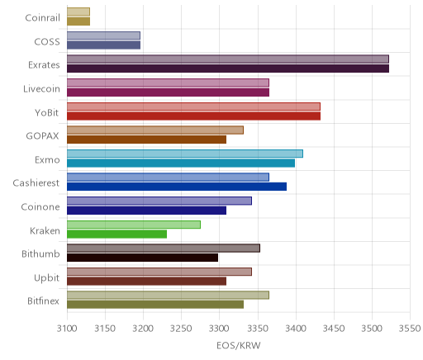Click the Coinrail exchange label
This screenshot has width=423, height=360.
coord(42,18)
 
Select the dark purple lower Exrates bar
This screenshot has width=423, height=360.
coord(228,69)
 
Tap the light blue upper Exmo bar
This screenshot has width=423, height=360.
coord(185,154)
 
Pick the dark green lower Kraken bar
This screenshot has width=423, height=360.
coord(116,234)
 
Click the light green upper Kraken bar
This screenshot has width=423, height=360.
coord(134,225)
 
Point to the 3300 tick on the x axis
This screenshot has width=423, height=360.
coord(220,329)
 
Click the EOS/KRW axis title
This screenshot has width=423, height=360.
coord(239,345)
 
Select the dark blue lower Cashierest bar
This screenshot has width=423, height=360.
coord(177,187)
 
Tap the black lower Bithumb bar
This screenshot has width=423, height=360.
coord(142,258)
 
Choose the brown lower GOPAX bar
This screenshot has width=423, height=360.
coord(146,140)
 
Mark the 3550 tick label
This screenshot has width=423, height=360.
coord(410,329)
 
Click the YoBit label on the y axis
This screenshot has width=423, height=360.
coord(47,113)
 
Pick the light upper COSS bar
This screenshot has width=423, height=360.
coord(103,36)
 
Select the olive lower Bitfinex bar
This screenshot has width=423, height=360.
coord(155,305)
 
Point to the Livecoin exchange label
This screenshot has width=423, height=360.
coord(41,89)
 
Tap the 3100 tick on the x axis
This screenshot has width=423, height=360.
coord(67,329)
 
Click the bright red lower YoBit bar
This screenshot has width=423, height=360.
coord(193,116)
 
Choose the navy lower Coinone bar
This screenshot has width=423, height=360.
coord(146,211)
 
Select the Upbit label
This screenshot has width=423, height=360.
coord(46,278)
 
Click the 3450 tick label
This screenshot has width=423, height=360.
coord(334,329)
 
